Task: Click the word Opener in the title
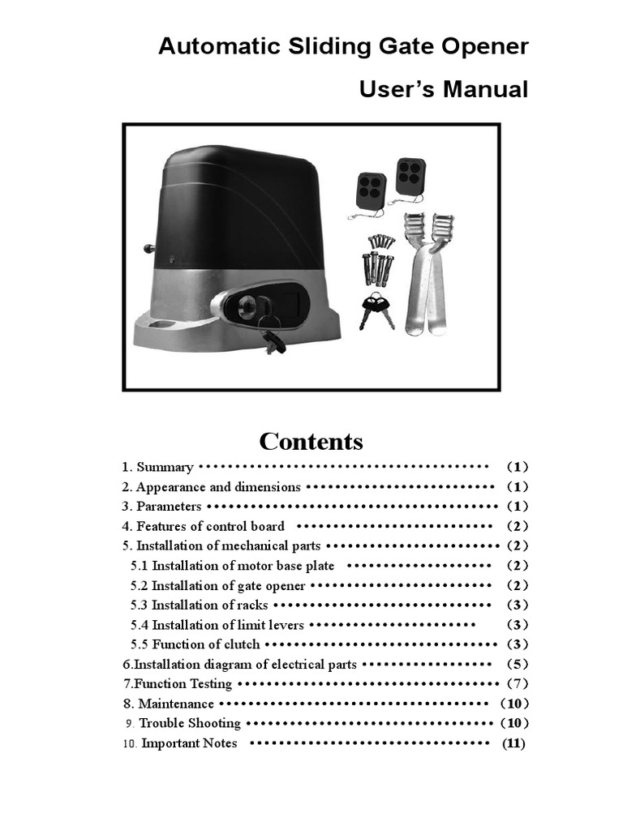[485, 47]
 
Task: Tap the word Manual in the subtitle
[485, 89]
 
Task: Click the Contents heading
[311, 442]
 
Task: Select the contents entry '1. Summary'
[158, 467]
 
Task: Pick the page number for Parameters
[518, 507]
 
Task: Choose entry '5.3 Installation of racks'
[199, 605]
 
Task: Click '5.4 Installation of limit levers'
[217, 625]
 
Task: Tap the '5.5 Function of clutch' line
[195, 644]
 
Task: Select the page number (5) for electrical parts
[518, 665]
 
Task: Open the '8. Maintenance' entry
[169, 704]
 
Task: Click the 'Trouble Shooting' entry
[190, 723]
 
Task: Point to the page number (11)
[513, 743]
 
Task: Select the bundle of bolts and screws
[378, 259]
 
